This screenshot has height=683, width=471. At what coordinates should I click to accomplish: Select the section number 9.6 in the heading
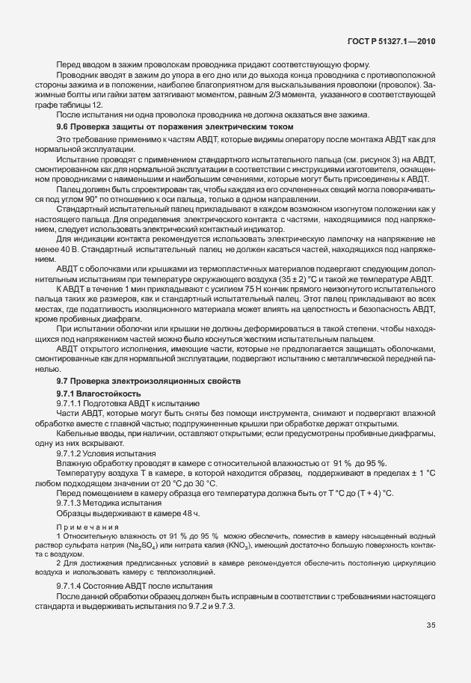pos(64,128)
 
